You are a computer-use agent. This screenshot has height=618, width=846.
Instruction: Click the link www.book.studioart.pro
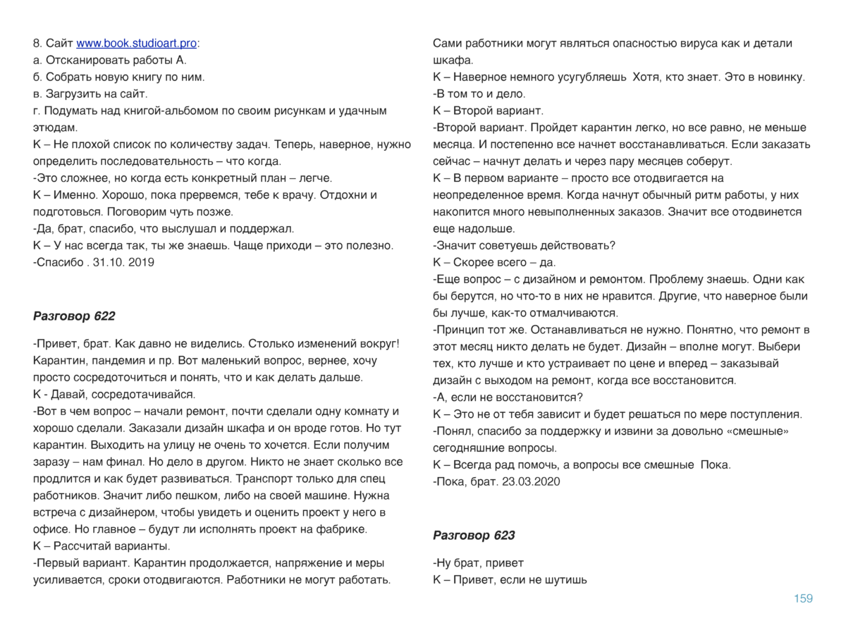(x=136, y=44)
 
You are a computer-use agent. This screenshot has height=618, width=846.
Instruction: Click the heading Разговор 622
(x=74, y=316)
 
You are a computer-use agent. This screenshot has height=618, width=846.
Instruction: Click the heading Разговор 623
(x=474, y=536)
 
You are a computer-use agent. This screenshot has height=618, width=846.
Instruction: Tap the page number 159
(x=803, y=598)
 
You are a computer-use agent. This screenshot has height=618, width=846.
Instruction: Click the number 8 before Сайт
(x=36, y=44)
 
